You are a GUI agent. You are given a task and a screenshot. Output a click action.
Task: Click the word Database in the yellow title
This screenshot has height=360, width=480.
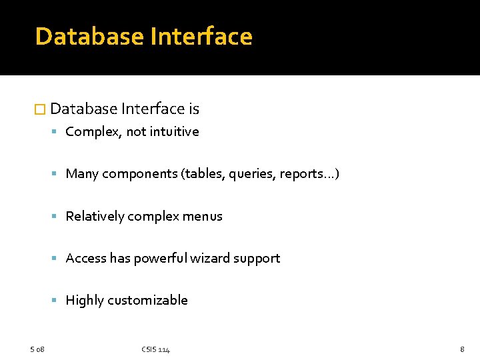coord(89,36)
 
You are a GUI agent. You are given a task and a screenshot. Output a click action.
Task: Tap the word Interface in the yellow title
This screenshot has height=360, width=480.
coord(201,36)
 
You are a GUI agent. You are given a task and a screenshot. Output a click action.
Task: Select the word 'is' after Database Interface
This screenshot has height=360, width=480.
coord(193,109)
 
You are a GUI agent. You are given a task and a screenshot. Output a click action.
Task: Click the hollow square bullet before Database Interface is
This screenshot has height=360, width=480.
coord(39,109)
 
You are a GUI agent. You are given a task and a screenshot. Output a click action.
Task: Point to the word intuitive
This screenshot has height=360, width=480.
coord(174,131)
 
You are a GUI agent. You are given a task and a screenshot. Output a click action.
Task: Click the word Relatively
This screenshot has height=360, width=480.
coord(95,216)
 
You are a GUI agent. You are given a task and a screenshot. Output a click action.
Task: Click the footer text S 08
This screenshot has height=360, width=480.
coord(37,349)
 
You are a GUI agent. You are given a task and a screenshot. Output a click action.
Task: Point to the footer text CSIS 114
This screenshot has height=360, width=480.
coord(155,349)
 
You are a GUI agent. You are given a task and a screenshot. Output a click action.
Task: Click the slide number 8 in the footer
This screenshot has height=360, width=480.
coord(462,349)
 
